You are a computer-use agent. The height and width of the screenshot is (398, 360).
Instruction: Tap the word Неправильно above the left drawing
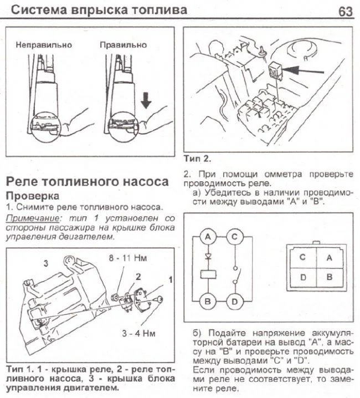(44, 44)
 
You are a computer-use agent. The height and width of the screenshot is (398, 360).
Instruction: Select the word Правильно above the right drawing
(124, 44)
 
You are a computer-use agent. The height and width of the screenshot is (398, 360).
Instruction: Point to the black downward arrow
(145, 100)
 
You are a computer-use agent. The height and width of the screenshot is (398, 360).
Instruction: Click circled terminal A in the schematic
(208, 237)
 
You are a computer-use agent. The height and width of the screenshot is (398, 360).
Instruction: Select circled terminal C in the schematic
(234, 237)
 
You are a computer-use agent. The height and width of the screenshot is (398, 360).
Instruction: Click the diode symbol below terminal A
(208, 256)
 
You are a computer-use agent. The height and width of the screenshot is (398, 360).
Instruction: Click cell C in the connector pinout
(302, 258)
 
